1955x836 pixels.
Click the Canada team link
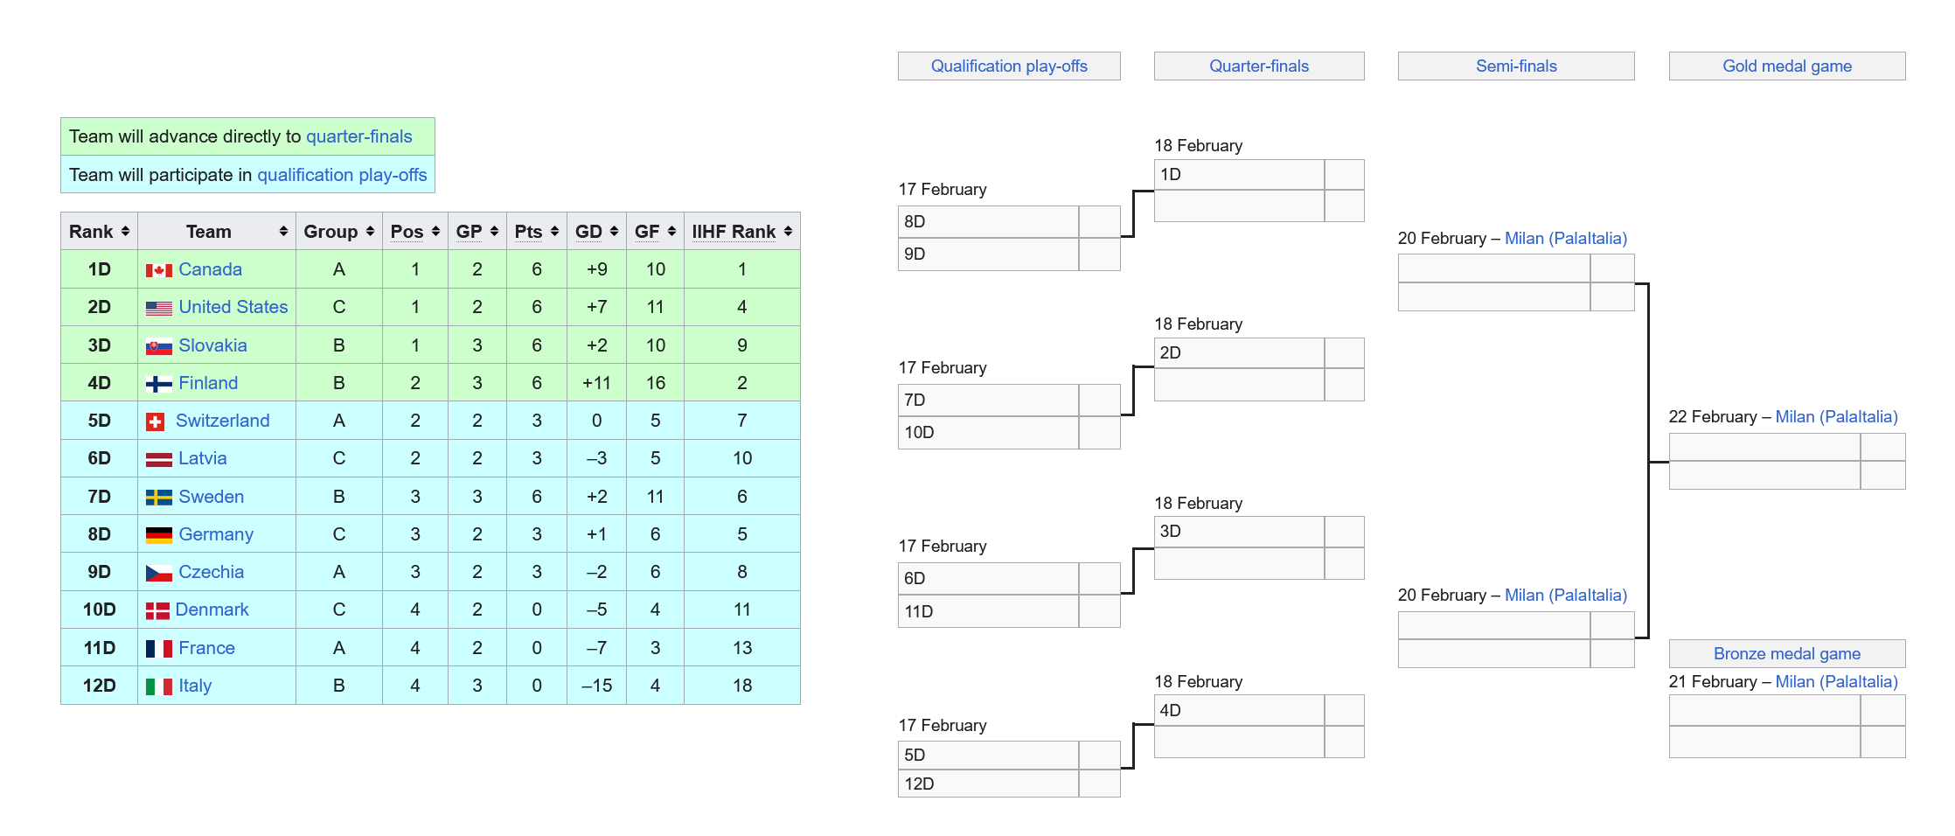click(210, 269)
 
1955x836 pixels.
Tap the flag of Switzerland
click(156, 421)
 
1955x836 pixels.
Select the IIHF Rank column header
click(734, 232)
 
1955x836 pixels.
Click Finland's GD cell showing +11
click(596, 383)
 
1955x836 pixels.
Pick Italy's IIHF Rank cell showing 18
click(741, 686)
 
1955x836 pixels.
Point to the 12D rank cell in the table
click(99, 686)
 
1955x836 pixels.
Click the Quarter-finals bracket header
click(1258, 66)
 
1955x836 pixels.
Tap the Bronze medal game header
click(1786, 654)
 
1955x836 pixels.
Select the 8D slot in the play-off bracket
click(988, 222)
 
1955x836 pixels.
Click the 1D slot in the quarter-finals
click(1238, 175)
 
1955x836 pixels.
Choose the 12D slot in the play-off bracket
click(988, 784)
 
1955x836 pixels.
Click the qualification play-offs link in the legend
click(342, 175)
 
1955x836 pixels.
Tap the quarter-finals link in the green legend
click(358, 136)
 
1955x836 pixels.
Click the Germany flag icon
click(158, 535)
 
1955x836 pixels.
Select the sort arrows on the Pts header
click(554, 232)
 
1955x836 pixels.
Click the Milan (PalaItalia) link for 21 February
click(1836, 682)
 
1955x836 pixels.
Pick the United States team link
click(233, 307)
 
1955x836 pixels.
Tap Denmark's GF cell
click(655, 610)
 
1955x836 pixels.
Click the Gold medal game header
click(1786, 66)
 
